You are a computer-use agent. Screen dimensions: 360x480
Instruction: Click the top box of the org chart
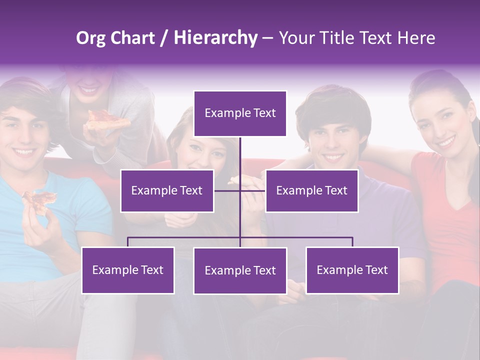pos(240,113)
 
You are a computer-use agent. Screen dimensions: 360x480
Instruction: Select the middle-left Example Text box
pos(167,190)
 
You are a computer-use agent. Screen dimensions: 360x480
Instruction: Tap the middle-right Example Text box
pos(311,190)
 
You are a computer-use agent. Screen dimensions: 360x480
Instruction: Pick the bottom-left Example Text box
pos(128,270)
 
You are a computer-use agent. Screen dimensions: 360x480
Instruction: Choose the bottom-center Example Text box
pos(240,270)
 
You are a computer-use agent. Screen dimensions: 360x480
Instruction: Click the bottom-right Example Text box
pos(352,270)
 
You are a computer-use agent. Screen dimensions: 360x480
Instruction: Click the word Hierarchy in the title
pos(215,38)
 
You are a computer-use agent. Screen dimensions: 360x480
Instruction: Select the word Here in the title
pos(416,38)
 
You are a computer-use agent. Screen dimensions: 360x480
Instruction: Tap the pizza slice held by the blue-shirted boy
pos(39,200)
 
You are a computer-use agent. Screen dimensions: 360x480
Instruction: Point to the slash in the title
pos(163,38)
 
